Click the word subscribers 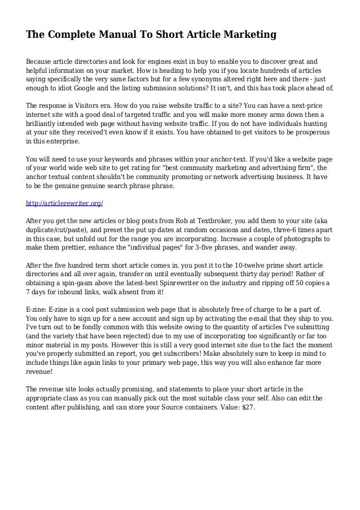pyautogui.click(x=190, y=355)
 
